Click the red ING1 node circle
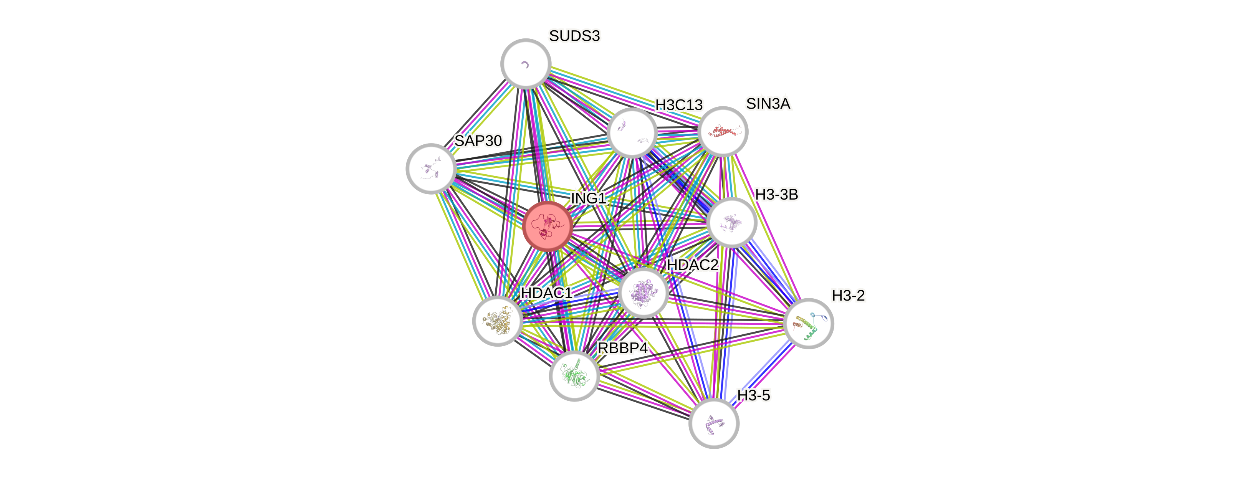[x=548, y=226]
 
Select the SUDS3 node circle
[x=526, y=63]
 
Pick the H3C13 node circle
[x=632, y=133]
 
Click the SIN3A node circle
[x=723, y=131]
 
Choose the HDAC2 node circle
[x=644, y=293]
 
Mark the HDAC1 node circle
[x=498, y=321]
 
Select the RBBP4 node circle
[x=574, y=376]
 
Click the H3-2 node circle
[x=808, y=323]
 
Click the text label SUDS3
[x=574, y=36]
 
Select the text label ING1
[x=588, y=198]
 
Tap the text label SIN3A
[x=768, y=104]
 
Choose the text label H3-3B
[x=777, y=195]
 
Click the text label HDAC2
[x=692, y=265]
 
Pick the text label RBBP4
[x=622, y=348]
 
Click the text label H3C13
[x=679, y=105]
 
